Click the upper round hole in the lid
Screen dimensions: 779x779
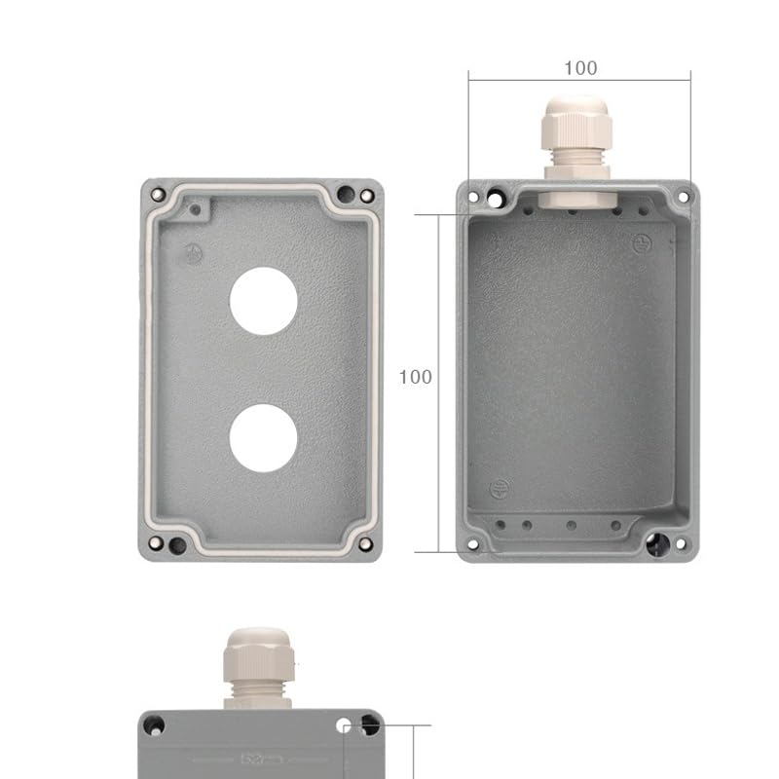(263, 302)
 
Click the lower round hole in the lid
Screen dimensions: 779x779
(263, 438)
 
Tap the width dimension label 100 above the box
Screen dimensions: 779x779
(580, 68)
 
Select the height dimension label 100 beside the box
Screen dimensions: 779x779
(416, 377)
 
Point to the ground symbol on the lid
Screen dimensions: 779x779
(194, 255)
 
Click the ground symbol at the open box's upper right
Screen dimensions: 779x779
(641, 243)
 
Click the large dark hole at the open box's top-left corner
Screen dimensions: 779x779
(497, 199)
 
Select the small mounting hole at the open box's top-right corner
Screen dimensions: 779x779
(683, 197)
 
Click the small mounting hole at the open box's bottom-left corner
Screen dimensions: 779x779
(474, 544)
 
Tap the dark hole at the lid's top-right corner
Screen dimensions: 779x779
(346, 194)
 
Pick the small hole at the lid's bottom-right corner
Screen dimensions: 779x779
(366, 544)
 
